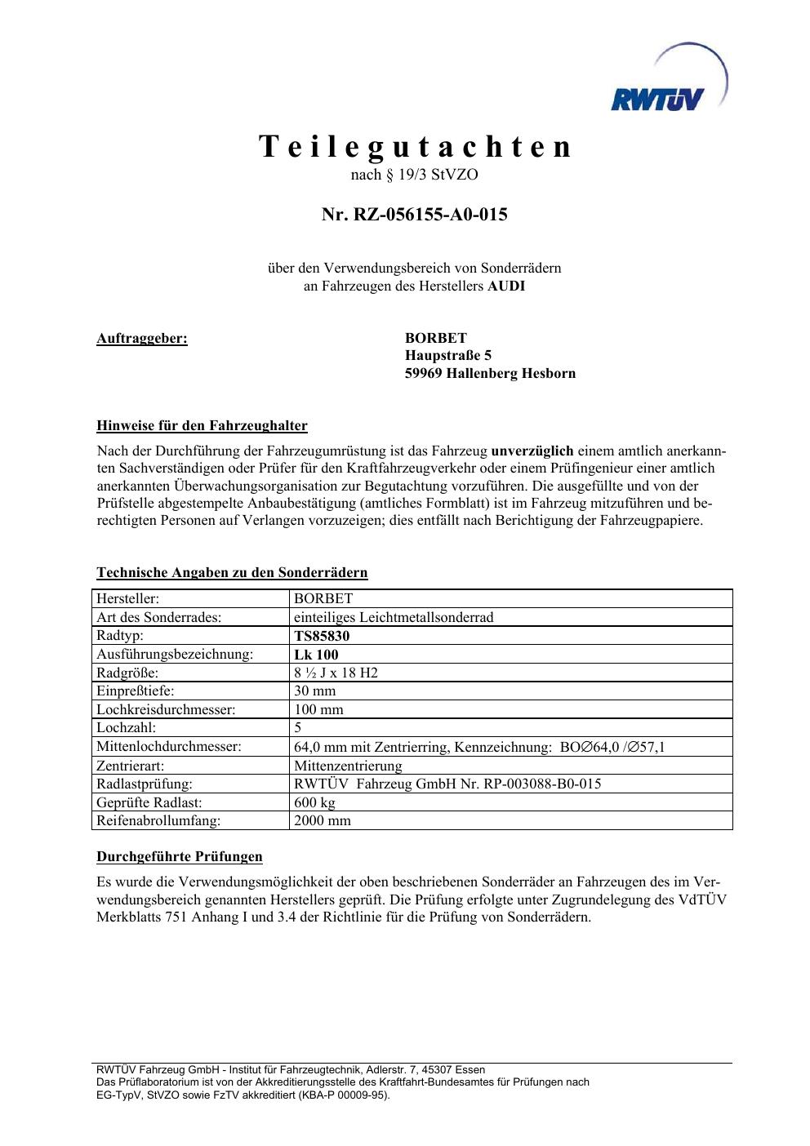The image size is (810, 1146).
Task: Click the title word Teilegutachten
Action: (416, 147)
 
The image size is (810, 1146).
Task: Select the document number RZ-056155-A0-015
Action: (429, 215)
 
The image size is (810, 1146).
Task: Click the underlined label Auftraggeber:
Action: (142, 338)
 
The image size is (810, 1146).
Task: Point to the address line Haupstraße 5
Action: (448, 355)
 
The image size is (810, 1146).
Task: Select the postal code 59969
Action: (424, 373)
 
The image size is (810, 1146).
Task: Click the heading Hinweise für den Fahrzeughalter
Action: (202, 425)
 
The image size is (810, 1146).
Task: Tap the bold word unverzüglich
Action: (532, 451)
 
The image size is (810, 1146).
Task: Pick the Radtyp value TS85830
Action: (322, 636)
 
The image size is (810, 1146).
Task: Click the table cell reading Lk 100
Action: (316, 655)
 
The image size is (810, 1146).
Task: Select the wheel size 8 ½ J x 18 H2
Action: (336, 673)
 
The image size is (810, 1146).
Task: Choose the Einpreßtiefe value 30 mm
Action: (314, 691)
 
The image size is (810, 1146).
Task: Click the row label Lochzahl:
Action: (127, 727)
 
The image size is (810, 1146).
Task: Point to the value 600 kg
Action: (314, 802)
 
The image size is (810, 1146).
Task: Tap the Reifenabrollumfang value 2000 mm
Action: (322, 820)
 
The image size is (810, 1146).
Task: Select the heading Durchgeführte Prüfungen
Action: (180, 856)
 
